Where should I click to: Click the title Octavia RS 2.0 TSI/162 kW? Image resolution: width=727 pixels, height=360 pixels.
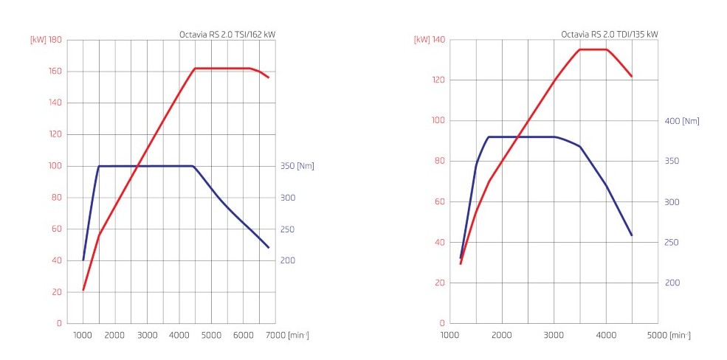(227, 34)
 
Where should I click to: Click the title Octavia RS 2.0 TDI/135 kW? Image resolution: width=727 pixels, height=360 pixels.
(609, 34)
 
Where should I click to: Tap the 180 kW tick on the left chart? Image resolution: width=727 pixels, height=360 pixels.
(55, 40)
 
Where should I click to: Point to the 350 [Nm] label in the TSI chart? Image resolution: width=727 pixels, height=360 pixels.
(297, 166)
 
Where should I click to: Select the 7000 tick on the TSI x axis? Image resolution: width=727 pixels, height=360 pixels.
(275, 336)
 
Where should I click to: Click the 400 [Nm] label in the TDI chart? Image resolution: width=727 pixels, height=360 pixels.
(681, 121)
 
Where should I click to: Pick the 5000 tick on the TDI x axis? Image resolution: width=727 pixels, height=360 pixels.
(658, 336)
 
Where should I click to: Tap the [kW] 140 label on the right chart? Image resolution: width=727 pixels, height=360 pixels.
(430, 40)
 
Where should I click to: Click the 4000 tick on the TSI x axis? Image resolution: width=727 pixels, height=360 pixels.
(179, 336)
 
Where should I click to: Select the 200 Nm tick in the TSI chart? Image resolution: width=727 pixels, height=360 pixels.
(288, 261)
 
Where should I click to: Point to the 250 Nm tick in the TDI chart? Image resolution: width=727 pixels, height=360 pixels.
(673, 243)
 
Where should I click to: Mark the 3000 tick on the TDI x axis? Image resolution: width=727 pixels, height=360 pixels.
(554, 336)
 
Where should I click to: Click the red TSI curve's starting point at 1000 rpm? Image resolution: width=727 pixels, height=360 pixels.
(83, 290)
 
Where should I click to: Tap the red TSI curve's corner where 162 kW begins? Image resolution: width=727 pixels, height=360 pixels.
(195, 69)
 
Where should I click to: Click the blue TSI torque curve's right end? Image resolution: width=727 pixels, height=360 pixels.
(269, 247)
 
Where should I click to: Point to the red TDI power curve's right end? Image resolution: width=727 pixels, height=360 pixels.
(632, 76)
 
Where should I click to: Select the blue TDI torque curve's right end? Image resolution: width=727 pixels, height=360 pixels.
(632, 235)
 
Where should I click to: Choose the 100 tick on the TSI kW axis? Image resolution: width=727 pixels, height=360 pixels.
(55, 166)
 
